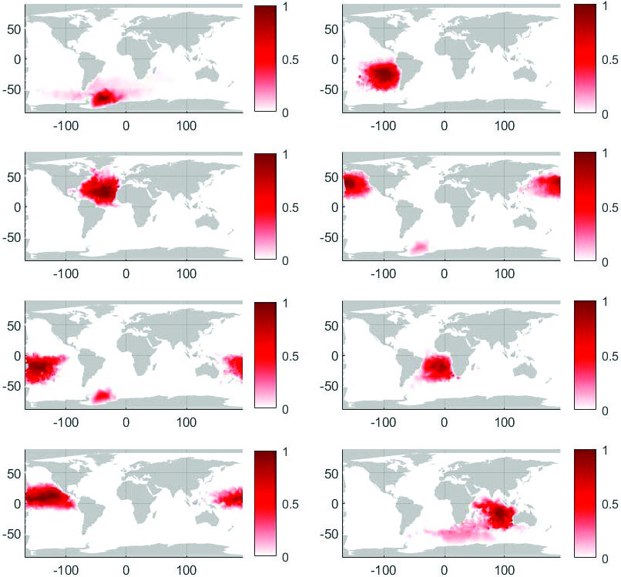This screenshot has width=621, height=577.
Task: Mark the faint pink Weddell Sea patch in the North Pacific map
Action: [421, 247]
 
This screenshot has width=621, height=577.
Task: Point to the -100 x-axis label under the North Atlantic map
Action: [65, 273]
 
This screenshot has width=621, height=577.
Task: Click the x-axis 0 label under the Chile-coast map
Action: [445, 126]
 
